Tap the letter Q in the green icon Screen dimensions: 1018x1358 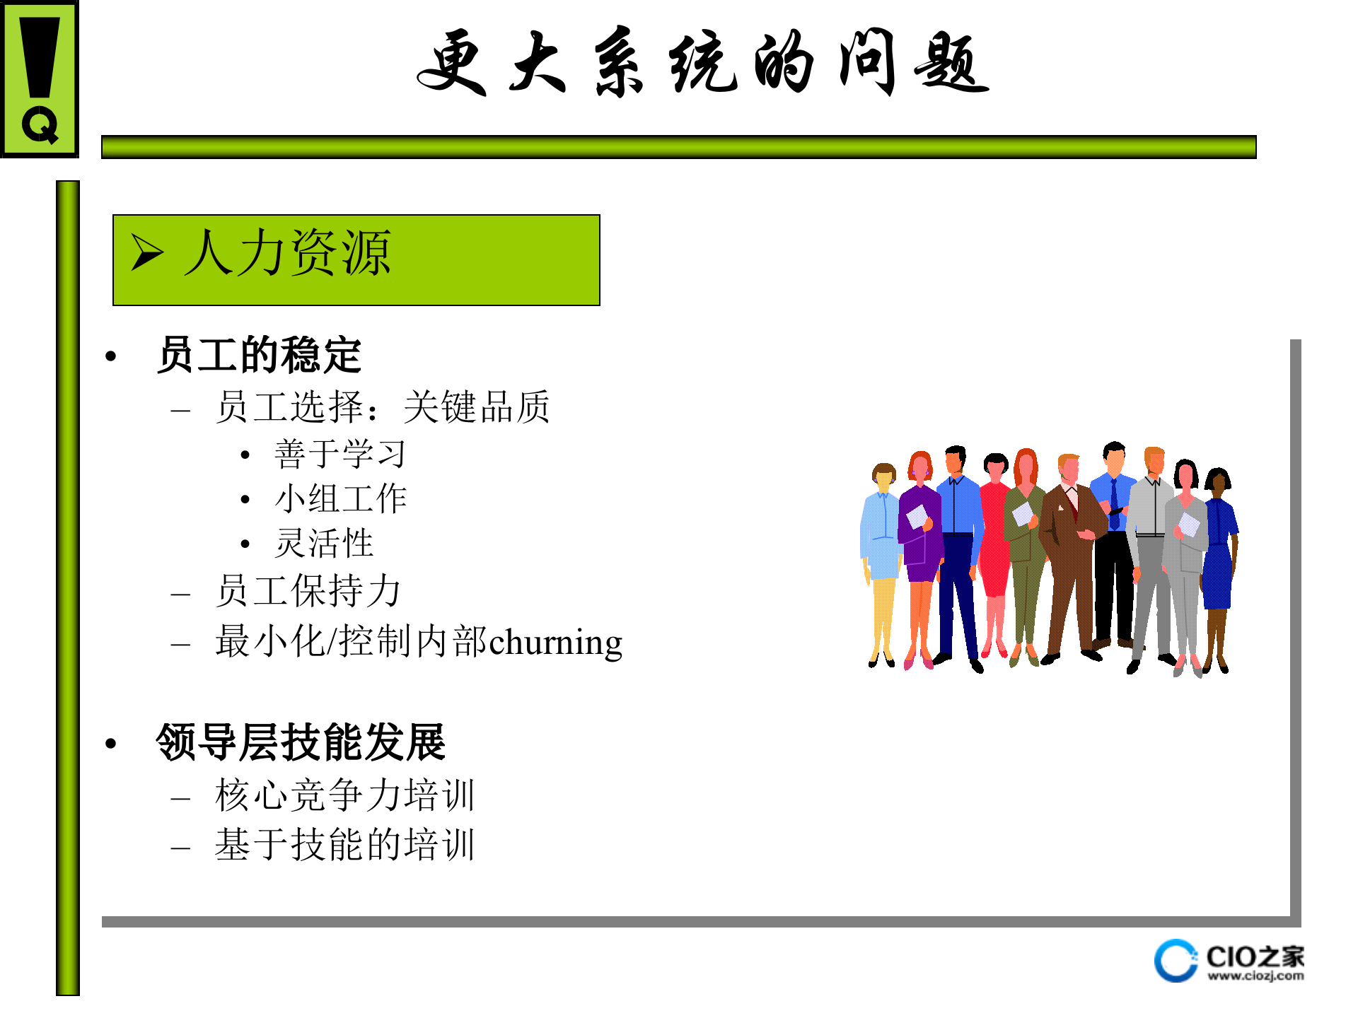(x=40, y=126)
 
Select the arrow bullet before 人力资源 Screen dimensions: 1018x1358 (x=147, y=252)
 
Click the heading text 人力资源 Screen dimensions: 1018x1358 (x=287, y=252)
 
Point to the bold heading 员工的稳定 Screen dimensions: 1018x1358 (x=259, y=355)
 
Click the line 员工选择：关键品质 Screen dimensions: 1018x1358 (x=382, y=407)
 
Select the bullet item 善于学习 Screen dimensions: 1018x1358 (x=340, y=454)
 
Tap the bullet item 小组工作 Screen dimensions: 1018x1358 (x=340, y=499)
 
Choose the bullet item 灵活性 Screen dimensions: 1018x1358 (x=324, y=543)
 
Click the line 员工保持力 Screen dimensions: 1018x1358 (x=308, y=591)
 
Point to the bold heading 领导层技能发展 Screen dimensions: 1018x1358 (x=301, y=742)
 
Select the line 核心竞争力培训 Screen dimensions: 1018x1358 (x=345, y=795)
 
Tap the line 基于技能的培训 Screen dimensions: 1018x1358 (x=345, y=844)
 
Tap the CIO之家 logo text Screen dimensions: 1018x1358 (x=1255, y=956)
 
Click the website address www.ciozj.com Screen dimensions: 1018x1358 (x=1255, y=976)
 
